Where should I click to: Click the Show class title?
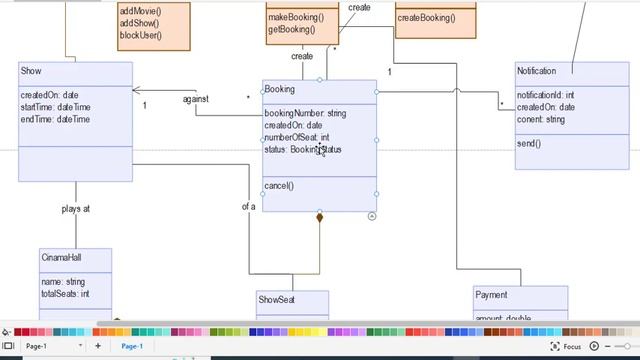coord(31,71)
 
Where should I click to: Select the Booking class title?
coord(280,89)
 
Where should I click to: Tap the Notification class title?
coord(536,71)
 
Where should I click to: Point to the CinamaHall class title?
coord(63,257)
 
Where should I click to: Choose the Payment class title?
coord(491,295)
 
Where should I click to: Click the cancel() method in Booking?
coord(279,186)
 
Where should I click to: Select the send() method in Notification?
coord(529,144)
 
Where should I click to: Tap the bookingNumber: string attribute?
coord(305,113)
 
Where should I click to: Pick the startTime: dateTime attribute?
coord(55,107)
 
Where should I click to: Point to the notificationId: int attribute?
coord(545,95)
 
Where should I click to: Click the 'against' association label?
coord(196,99)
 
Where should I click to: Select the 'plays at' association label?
coord(75,209)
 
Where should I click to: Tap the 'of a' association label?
coord(248,207)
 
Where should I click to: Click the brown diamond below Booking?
coord(320,217)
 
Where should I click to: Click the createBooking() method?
coord(426,17)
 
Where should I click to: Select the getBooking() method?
coord(289,29)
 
